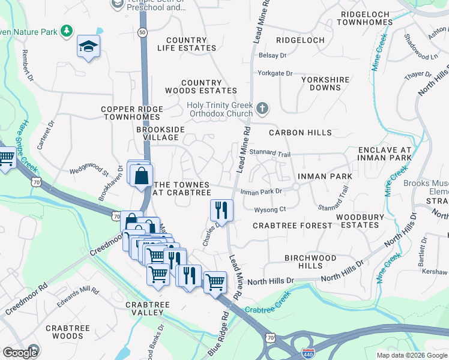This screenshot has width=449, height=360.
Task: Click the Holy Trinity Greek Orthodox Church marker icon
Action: click(261, 109)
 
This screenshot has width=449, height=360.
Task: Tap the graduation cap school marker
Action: click(88, 46)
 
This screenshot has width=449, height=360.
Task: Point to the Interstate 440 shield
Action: click(309, 352)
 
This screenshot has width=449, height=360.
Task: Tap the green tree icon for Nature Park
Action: click(67, 31)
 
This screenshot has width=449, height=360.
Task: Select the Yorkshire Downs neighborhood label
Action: click(325, 83)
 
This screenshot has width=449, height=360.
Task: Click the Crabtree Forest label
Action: click(292, 226)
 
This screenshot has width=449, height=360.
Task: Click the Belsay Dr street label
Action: click(272, 55)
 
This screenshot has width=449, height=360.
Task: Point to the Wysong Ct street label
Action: click(270, 209)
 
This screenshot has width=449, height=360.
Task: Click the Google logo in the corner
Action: click(20, 353)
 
